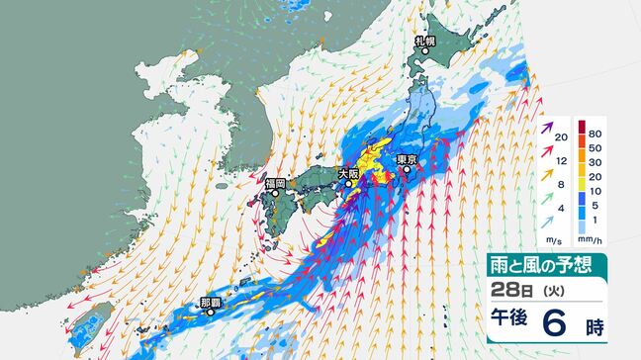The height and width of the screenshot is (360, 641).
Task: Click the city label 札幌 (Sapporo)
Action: click(x=424, y=40)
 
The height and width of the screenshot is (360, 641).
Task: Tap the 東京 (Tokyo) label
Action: click(x=405, y=159)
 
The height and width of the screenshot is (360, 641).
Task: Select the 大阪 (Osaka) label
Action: click(x=348, y=173)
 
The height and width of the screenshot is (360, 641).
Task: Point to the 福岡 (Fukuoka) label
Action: click(x=275, y=183)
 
